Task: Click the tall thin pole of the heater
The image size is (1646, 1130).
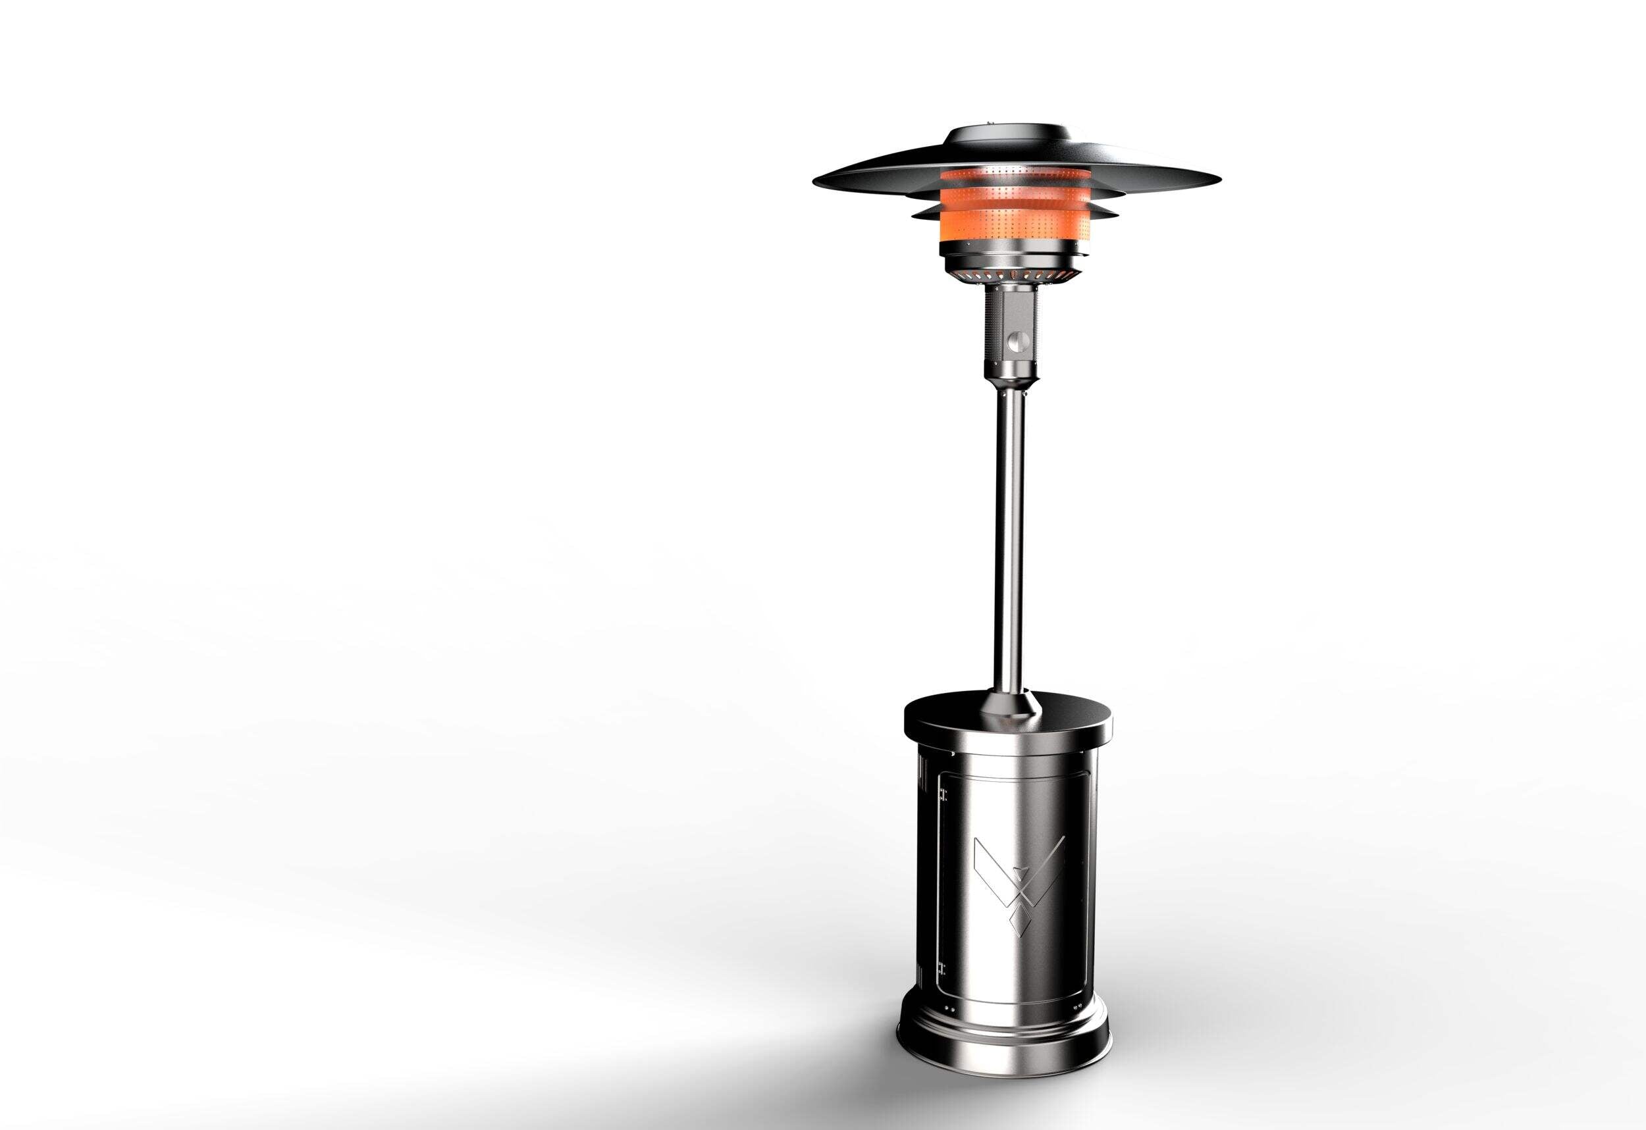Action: point(1009,538)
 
